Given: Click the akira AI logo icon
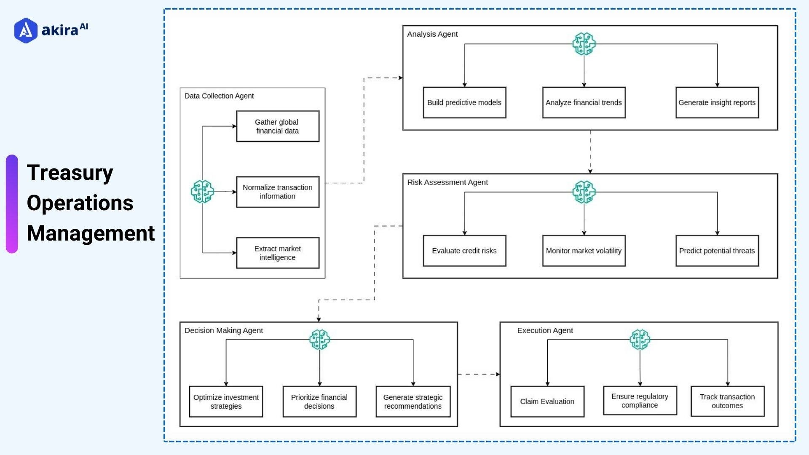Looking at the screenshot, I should pos(26,30).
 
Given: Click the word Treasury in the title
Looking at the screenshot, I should pos(70,173).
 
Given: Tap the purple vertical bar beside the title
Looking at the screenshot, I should pos(12,204).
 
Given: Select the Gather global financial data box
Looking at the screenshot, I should pos(277,126).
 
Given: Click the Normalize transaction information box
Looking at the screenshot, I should pos(277,192).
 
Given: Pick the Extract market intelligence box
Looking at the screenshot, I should pos(277,253).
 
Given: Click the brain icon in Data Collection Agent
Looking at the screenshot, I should pos(202,192).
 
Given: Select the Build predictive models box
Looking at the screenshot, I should pos(464,103).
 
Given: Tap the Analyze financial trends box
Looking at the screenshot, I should pos(584,103).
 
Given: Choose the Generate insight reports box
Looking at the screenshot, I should pos(717,103).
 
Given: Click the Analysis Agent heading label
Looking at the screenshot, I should pos(432,34).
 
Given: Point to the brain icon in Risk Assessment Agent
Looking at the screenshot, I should pos(584,192).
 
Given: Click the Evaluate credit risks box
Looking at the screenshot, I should pos(464,251).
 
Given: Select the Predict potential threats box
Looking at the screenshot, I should pos(717,251).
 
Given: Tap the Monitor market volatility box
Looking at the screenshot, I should pos(584,251).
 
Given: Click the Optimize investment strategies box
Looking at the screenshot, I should pos(226,402).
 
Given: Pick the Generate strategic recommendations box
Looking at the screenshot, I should pos(413,402).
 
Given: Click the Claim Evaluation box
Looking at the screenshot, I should pos(547,402).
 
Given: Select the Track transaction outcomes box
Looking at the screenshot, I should pos(727,401).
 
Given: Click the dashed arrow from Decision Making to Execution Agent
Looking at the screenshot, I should pos(478,374).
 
